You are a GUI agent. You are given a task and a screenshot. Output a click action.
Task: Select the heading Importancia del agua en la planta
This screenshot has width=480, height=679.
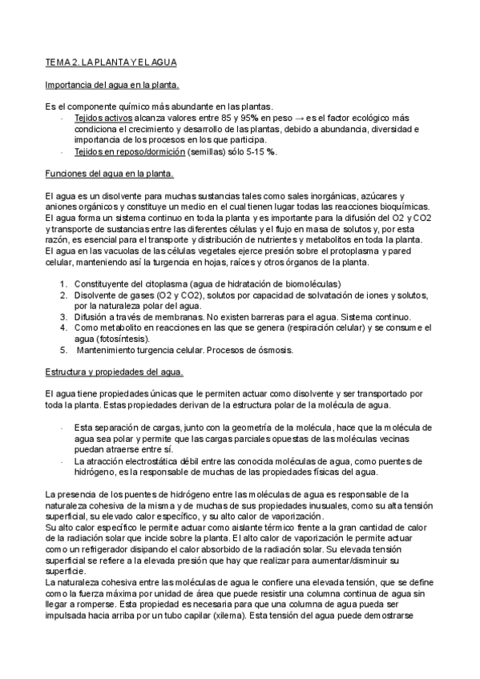[x=112, y=84]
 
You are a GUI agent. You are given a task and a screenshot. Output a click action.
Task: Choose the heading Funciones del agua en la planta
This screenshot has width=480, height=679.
[x=110, y=174]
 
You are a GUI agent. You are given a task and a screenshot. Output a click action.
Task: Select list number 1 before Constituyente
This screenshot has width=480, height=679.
[x=63, y=284]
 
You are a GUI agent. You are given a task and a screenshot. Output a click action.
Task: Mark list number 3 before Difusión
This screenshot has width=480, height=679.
[x=63, y=317]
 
